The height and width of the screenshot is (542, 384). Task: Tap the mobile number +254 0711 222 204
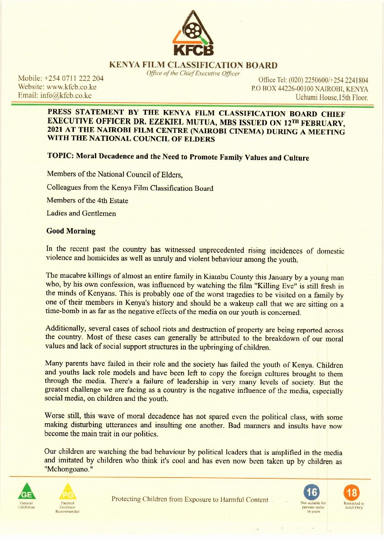[77, 78]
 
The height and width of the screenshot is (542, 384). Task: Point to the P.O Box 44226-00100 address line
[309, 89]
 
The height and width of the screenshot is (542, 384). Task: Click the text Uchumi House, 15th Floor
[331, 97]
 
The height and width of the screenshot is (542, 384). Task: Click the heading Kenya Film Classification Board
[193, 65]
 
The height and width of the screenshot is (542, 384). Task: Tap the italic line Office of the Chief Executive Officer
[193, 73]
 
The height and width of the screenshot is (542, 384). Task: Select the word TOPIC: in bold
[60, 156]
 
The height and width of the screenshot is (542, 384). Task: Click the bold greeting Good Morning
[71, 231]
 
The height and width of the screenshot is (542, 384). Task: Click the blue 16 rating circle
[312, 492]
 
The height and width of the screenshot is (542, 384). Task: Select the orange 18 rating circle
[352, 492]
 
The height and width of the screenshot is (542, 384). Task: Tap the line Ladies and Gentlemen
[81, 213]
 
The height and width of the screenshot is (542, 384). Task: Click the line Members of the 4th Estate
[87, 201]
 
